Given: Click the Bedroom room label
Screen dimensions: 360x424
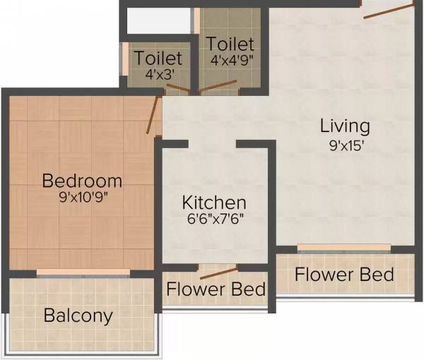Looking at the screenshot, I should (82, 180).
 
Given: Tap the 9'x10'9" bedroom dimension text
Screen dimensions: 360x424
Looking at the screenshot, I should (82, 198).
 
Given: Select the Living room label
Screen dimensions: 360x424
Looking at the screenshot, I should (345, 126).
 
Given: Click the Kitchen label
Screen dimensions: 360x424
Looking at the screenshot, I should (214, 202).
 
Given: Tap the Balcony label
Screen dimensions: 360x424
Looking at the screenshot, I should (78, 315).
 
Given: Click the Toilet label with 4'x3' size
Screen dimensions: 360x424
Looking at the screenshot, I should (158, 57).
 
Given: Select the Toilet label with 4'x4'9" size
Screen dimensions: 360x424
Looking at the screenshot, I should (230, 43).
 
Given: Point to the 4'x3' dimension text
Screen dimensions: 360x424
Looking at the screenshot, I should (158, 73).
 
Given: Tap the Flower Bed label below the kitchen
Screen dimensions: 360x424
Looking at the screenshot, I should (216, 289).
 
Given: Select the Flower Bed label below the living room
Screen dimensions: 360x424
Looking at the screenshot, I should (344, 274).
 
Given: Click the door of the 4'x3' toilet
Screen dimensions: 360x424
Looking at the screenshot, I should (178, 90).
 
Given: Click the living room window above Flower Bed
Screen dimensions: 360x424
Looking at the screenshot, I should (343, 248).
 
